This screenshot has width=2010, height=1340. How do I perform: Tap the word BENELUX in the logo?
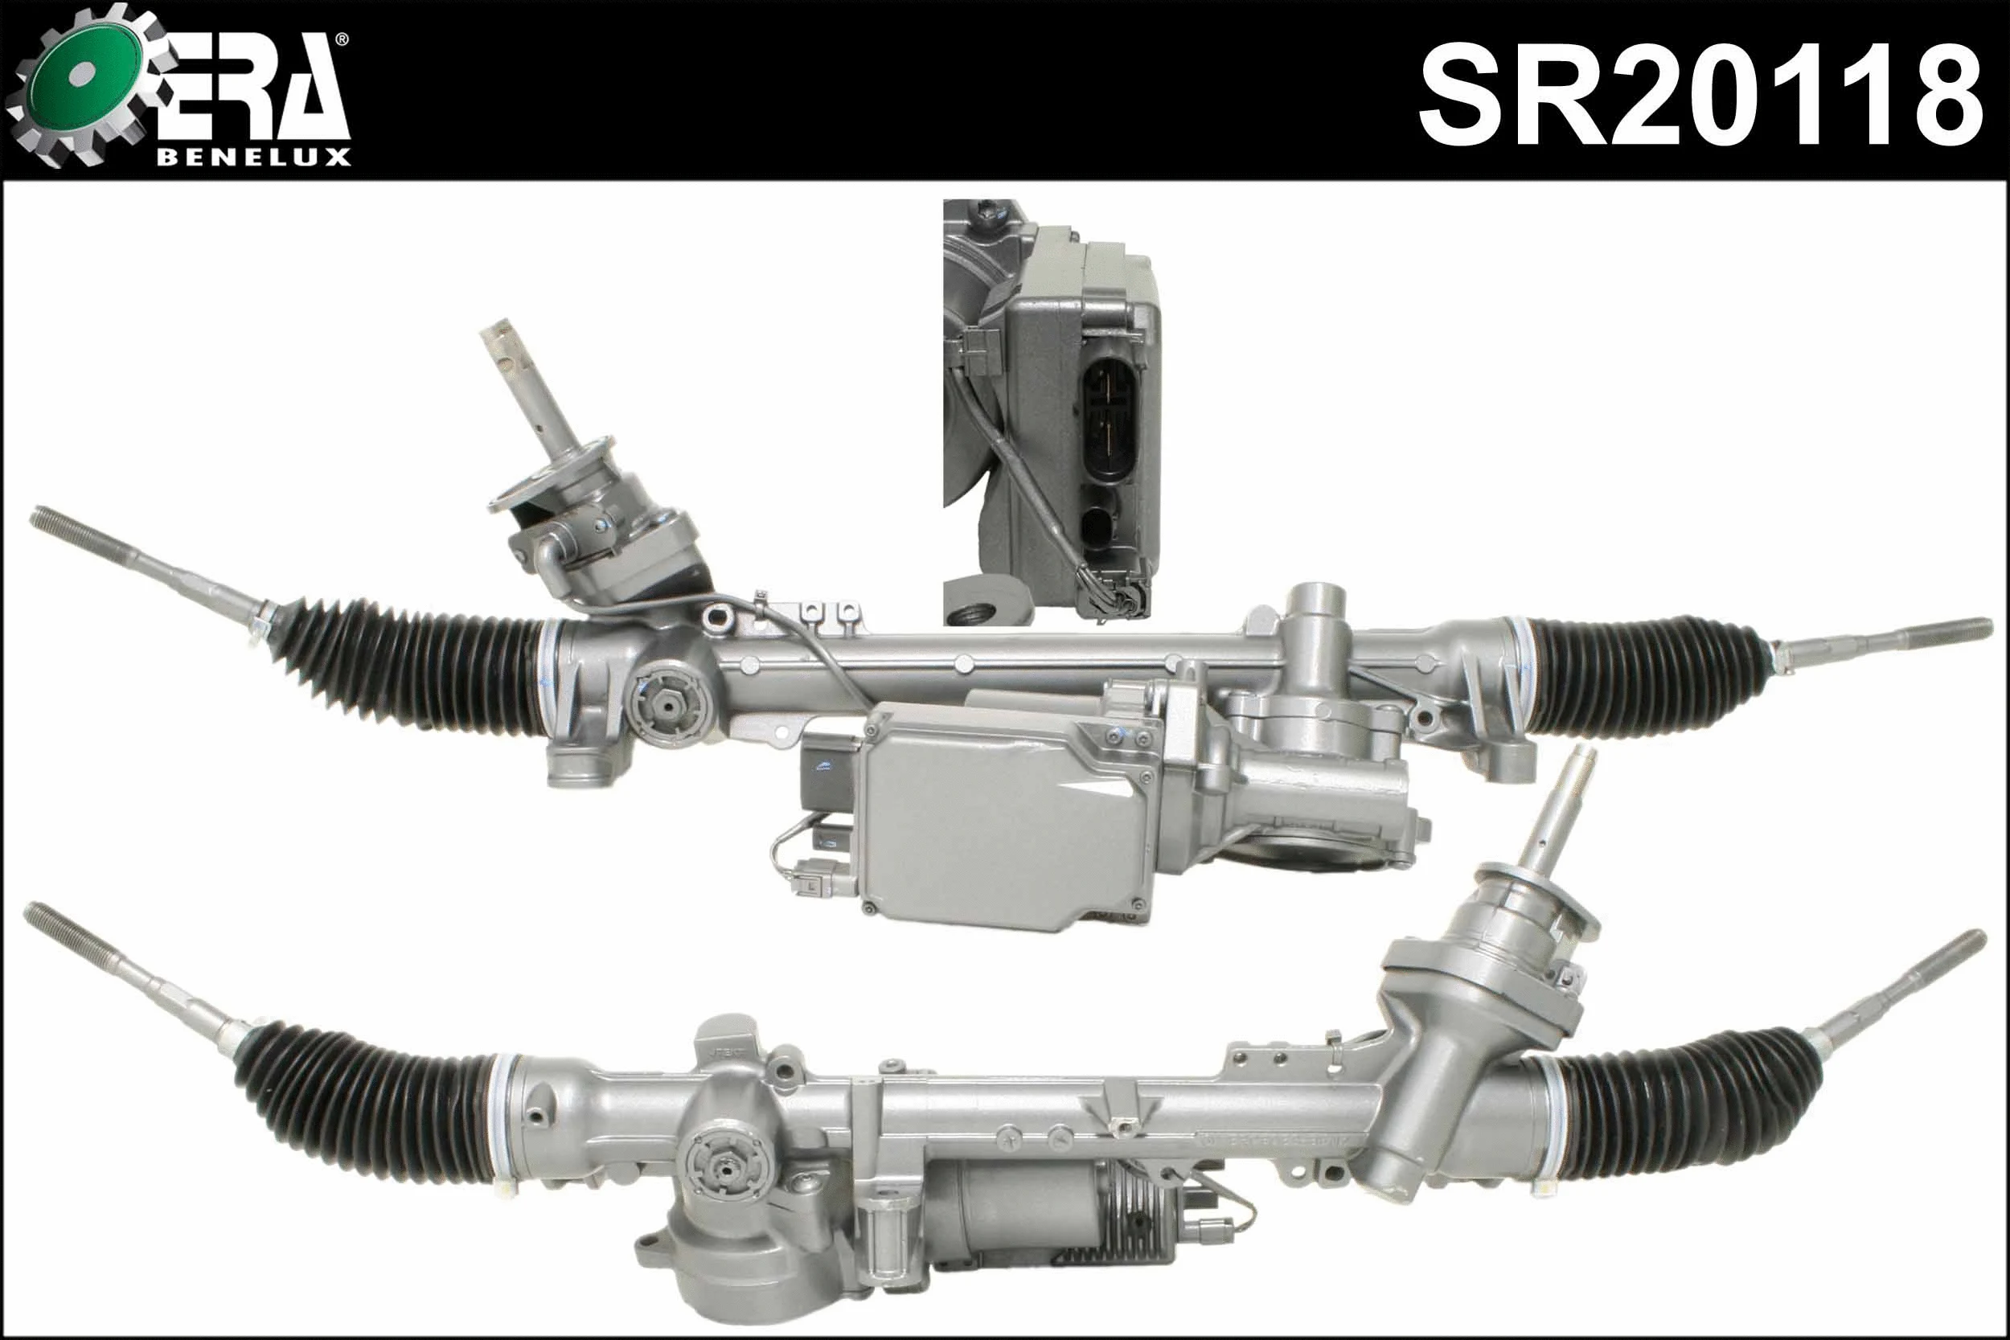(x=254, y=158)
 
